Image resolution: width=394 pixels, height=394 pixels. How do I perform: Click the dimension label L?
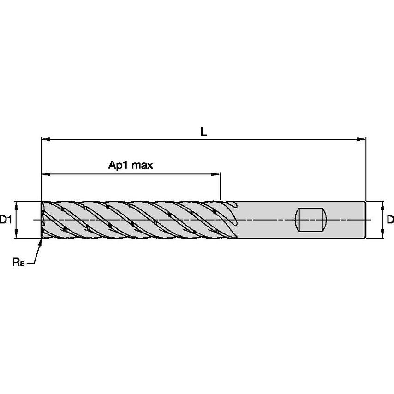[x=203, y=131]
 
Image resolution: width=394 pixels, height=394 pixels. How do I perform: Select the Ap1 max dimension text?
[x=131, y=166]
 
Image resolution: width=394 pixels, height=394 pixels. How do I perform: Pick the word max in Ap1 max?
[x=142, y=166]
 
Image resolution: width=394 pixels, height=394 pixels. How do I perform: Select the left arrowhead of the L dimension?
[x=45, y=138]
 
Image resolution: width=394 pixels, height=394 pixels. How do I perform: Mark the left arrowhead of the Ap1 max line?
[x=45, y=174]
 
